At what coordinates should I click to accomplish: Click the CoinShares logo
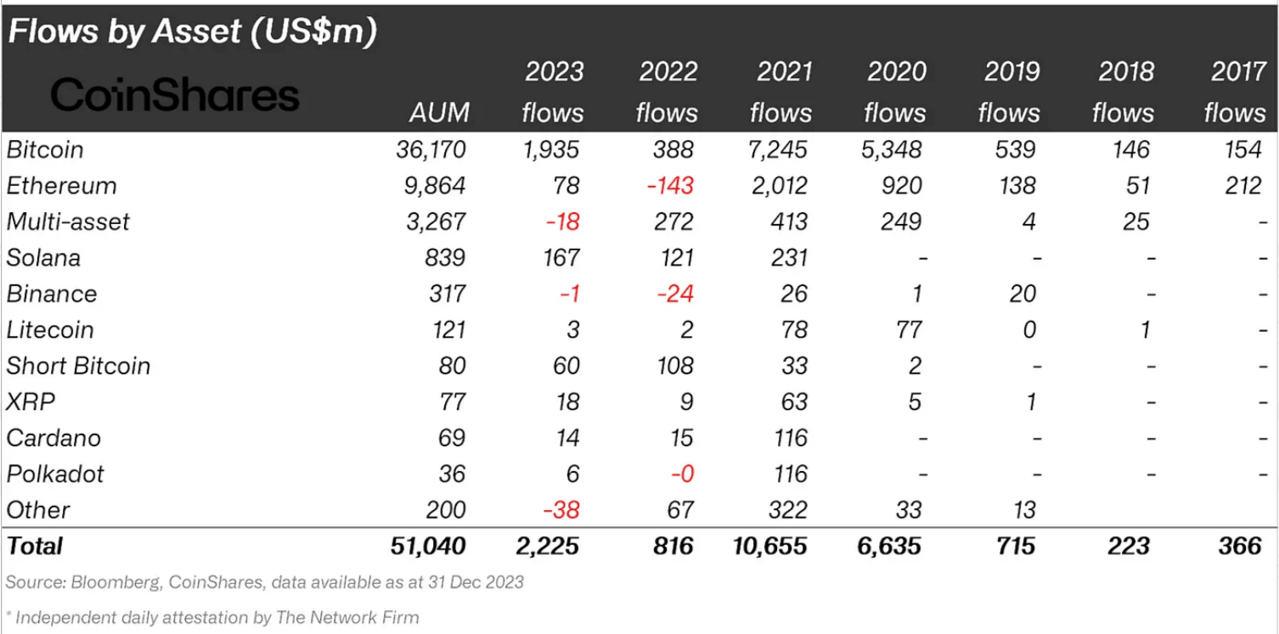(x=175, y=95)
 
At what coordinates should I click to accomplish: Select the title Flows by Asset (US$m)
(x=192, y=32)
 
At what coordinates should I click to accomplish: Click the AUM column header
(x=438, y=113)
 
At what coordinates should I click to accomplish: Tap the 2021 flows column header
(x=780, y=93)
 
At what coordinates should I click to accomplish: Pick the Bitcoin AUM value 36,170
(x=431, y=150)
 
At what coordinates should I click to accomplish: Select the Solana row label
(x=44, y=258)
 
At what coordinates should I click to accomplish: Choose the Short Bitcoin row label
(x=78, y=366)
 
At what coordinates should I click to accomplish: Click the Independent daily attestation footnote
(x=216, y=617)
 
